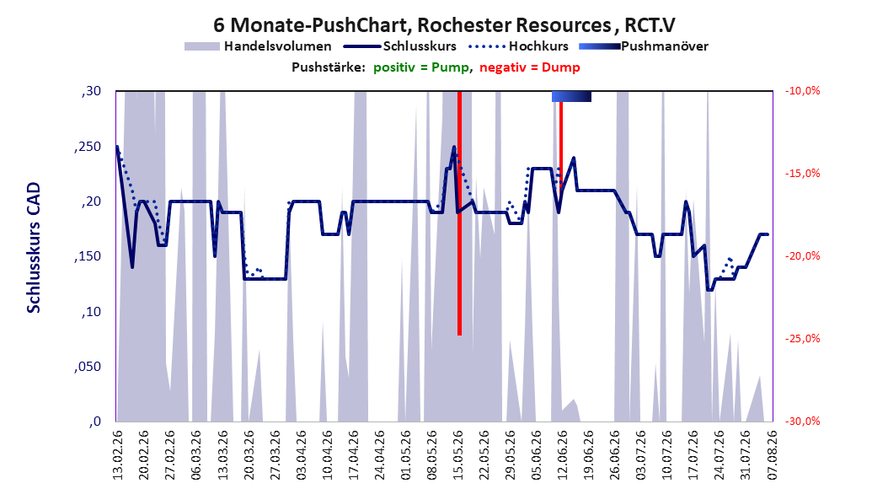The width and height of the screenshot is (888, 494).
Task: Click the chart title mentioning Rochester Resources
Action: [444, 25]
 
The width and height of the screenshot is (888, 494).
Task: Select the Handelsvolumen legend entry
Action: [258, 46]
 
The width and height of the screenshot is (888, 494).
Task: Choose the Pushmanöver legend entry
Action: [644, 46]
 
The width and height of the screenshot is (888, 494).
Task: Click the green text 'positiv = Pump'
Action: [421, 67]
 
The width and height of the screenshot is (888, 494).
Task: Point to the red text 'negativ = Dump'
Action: [530, 67]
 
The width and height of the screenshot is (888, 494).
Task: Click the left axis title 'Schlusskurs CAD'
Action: [34, 248]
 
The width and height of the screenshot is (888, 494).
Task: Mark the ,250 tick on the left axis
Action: [88, 147]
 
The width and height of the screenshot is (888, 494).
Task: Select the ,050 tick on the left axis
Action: [88, 367]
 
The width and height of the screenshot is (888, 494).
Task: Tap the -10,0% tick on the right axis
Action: [802, 91]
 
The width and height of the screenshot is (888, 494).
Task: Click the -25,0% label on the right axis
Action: [802, 339]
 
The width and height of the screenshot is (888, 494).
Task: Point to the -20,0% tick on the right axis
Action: [802, 256]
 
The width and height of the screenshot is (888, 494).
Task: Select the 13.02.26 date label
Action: [118, 455]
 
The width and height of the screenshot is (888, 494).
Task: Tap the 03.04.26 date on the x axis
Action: [301, 455]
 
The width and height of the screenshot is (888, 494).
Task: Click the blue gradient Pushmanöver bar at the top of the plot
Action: [571, 96]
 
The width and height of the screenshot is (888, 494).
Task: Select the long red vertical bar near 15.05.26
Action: [459, 213]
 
